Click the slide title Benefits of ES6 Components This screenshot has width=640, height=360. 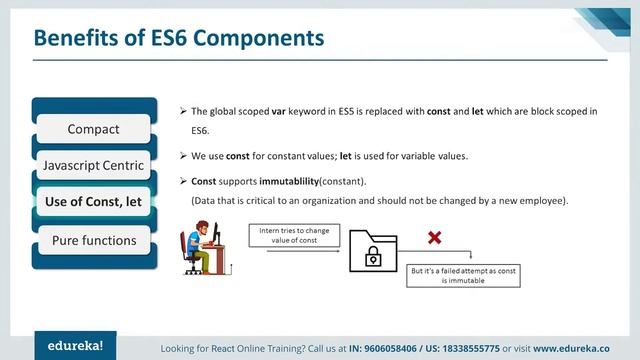[179, 38]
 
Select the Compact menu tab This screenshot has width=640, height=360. [93, 129]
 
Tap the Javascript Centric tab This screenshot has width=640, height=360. [93, 165]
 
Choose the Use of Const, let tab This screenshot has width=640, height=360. [93, 202]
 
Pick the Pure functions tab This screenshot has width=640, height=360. [93, 240]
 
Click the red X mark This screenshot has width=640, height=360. [435, 238]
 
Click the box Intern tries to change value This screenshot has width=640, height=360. [295, 236]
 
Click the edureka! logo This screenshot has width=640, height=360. [75, 345]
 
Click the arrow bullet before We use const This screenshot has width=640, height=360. [182, 156]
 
